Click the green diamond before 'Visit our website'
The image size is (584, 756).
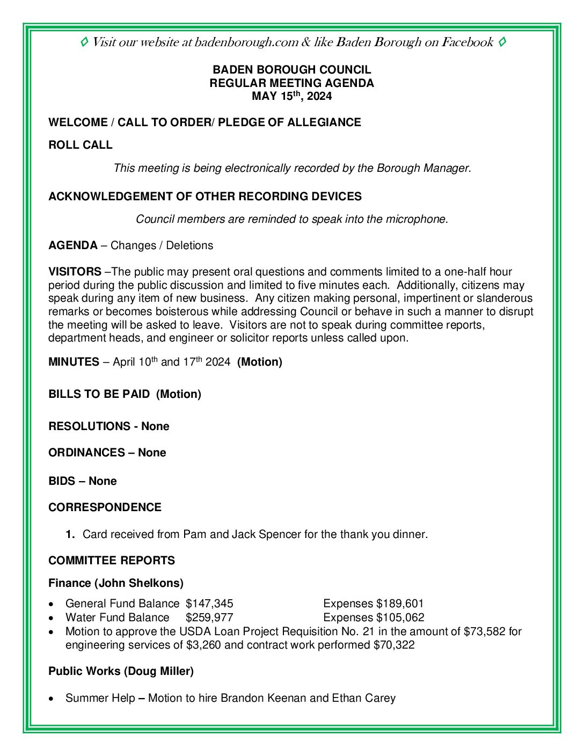coord(84,42)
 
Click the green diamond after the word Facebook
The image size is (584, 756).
coord(502,42)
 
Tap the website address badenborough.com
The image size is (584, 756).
coord(246,42)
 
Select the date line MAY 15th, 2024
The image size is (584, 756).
coord(291,97)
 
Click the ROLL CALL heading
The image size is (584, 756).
coord(81,145)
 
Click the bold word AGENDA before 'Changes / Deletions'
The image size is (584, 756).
coord(73,245)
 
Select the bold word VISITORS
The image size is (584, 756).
coord(75,272)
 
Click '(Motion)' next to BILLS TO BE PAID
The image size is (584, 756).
coord(179,394)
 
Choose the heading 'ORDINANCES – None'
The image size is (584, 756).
coord(107,453)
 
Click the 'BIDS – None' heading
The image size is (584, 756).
coord(83,481)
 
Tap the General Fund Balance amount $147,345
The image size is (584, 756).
coord(209,604)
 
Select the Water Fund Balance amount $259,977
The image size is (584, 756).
coord(209,617)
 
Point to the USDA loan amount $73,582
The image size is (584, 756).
coord(484,631)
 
